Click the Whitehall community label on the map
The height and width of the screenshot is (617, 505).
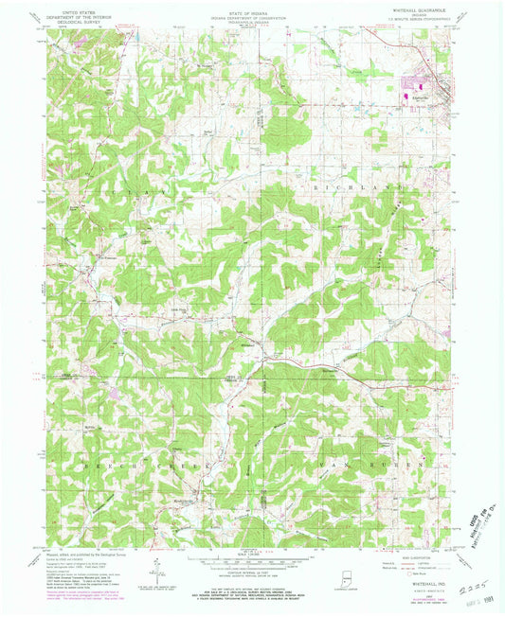tap(249, 345)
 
